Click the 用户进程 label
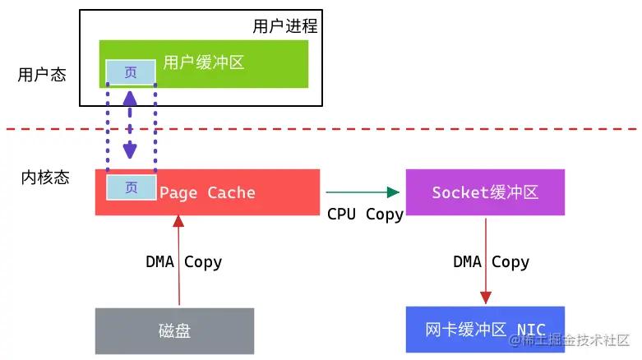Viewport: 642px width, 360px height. coord(284,25)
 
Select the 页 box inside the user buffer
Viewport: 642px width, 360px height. coord(130,73)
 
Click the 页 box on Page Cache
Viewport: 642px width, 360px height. coord(131,187)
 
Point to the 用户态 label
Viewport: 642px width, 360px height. coord(42,75)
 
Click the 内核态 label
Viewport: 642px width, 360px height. coord(45,178)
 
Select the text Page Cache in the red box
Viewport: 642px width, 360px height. coord(207,193)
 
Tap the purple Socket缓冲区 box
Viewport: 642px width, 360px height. coord(485,192)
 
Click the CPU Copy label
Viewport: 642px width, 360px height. coord(365,215)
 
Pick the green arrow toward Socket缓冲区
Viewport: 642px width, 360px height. coord(362,192)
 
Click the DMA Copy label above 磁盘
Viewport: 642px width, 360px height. coord(183,262)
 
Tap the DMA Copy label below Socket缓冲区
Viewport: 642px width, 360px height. coord(491,262)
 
